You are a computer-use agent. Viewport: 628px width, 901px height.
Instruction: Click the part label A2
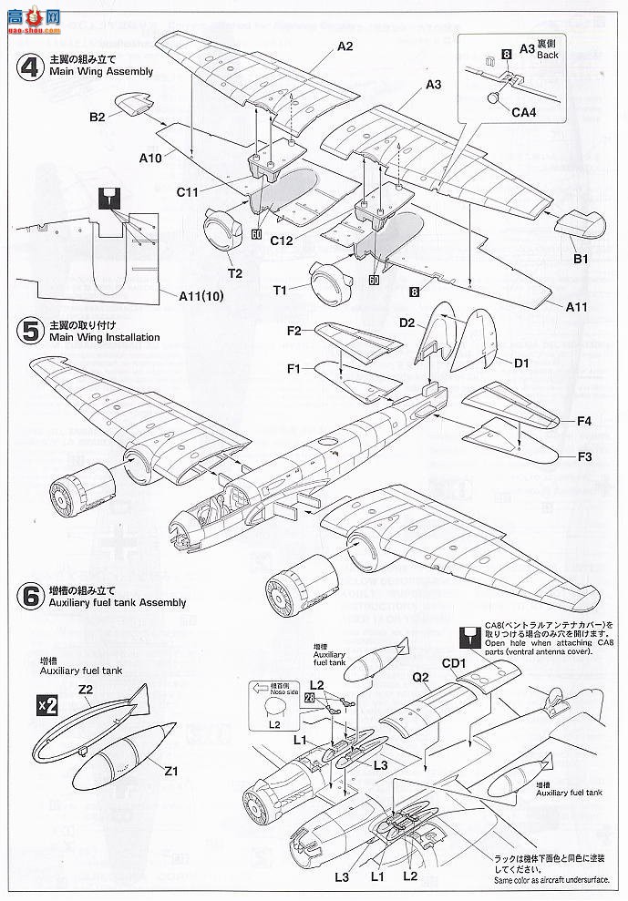pyautogui.click(x=345, y=46)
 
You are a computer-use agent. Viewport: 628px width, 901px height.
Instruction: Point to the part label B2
pyautogui.click(x=98, y=116)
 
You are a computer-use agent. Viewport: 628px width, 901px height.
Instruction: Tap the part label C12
pyautogui.click(x=281, y=241)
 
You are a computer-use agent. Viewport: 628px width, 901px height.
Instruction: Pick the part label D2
pyautogui.click(x=407, y=323)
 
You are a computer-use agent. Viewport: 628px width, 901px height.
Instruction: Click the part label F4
pyautogui.click(x=583, y=421)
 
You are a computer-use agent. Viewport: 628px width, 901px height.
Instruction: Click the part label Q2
pyautogui.click(x=420, y=677)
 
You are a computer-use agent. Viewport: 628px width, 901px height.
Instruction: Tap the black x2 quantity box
pyautogui.click(x=46, y=705)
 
